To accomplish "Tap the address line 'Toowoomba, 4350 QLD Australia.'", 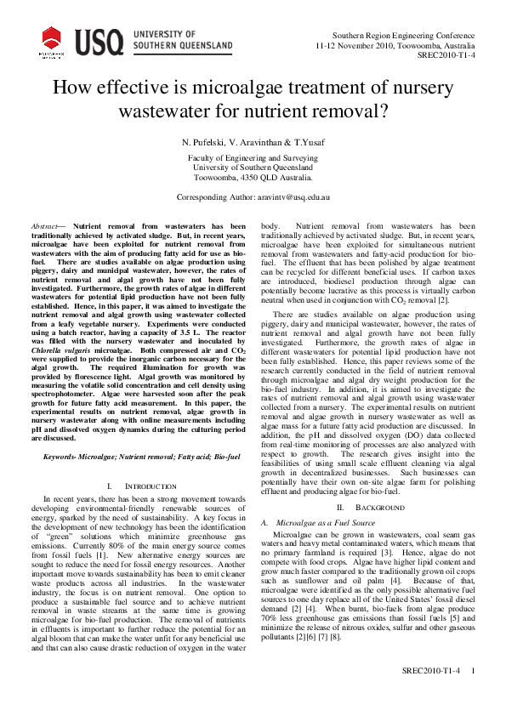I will tap(253, 179).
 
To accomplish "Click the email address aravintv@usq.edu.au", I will tap(294, 196).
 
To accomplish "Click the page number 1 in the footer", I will tap(473, 695).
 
